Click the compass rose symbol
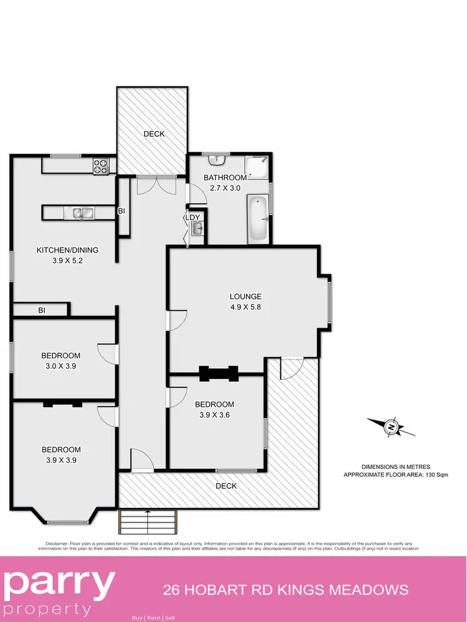[391, 427]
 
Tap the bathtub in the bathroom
[258, 219]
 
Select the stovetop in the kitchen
[101, 166]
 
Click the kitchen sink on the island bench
[82, 213]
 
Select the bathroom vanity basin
[217, 160]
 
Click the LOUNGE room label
[245, 297]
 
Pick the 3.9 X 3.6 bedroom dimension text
[214, 415]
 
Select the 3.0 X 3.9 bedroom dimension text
[60, 366]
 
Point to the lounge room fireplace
[218, 373]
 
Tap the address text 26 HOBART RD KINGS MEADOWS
[285, 590]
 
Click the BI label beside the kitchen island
[121, 211]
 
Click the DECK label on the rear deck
[153, 134]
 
